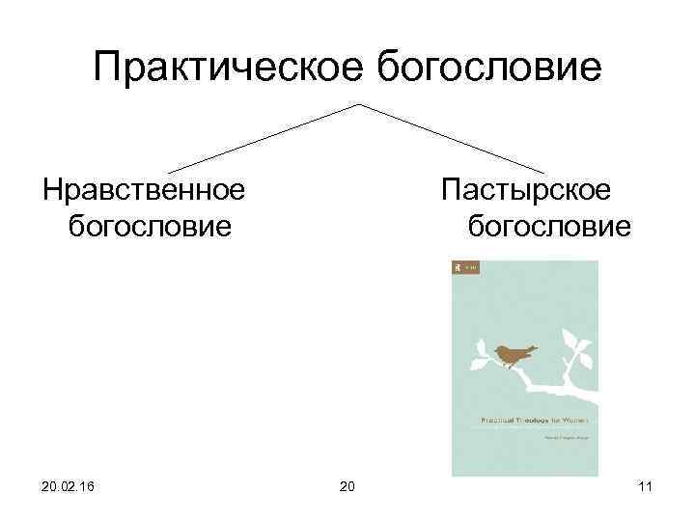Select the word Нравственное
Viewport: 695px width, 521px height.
[143, 189]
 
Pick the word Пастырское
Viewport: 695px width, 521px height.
[526, 189]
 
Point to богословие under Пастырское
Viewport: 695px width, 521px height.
[549, 227]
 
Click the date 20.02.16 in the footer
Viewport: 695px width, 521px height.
[69, 485]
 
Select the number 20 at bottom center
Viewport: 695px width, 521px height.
[347, 485]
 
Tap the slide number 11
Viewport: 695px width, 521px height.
[645, 485]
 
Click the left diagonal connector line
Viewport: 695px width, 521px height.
[261, 137]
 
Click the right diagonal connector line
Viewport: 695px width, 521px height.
[454, 137]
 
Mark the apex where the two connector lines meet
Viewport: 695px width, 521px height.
[360, 103]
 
